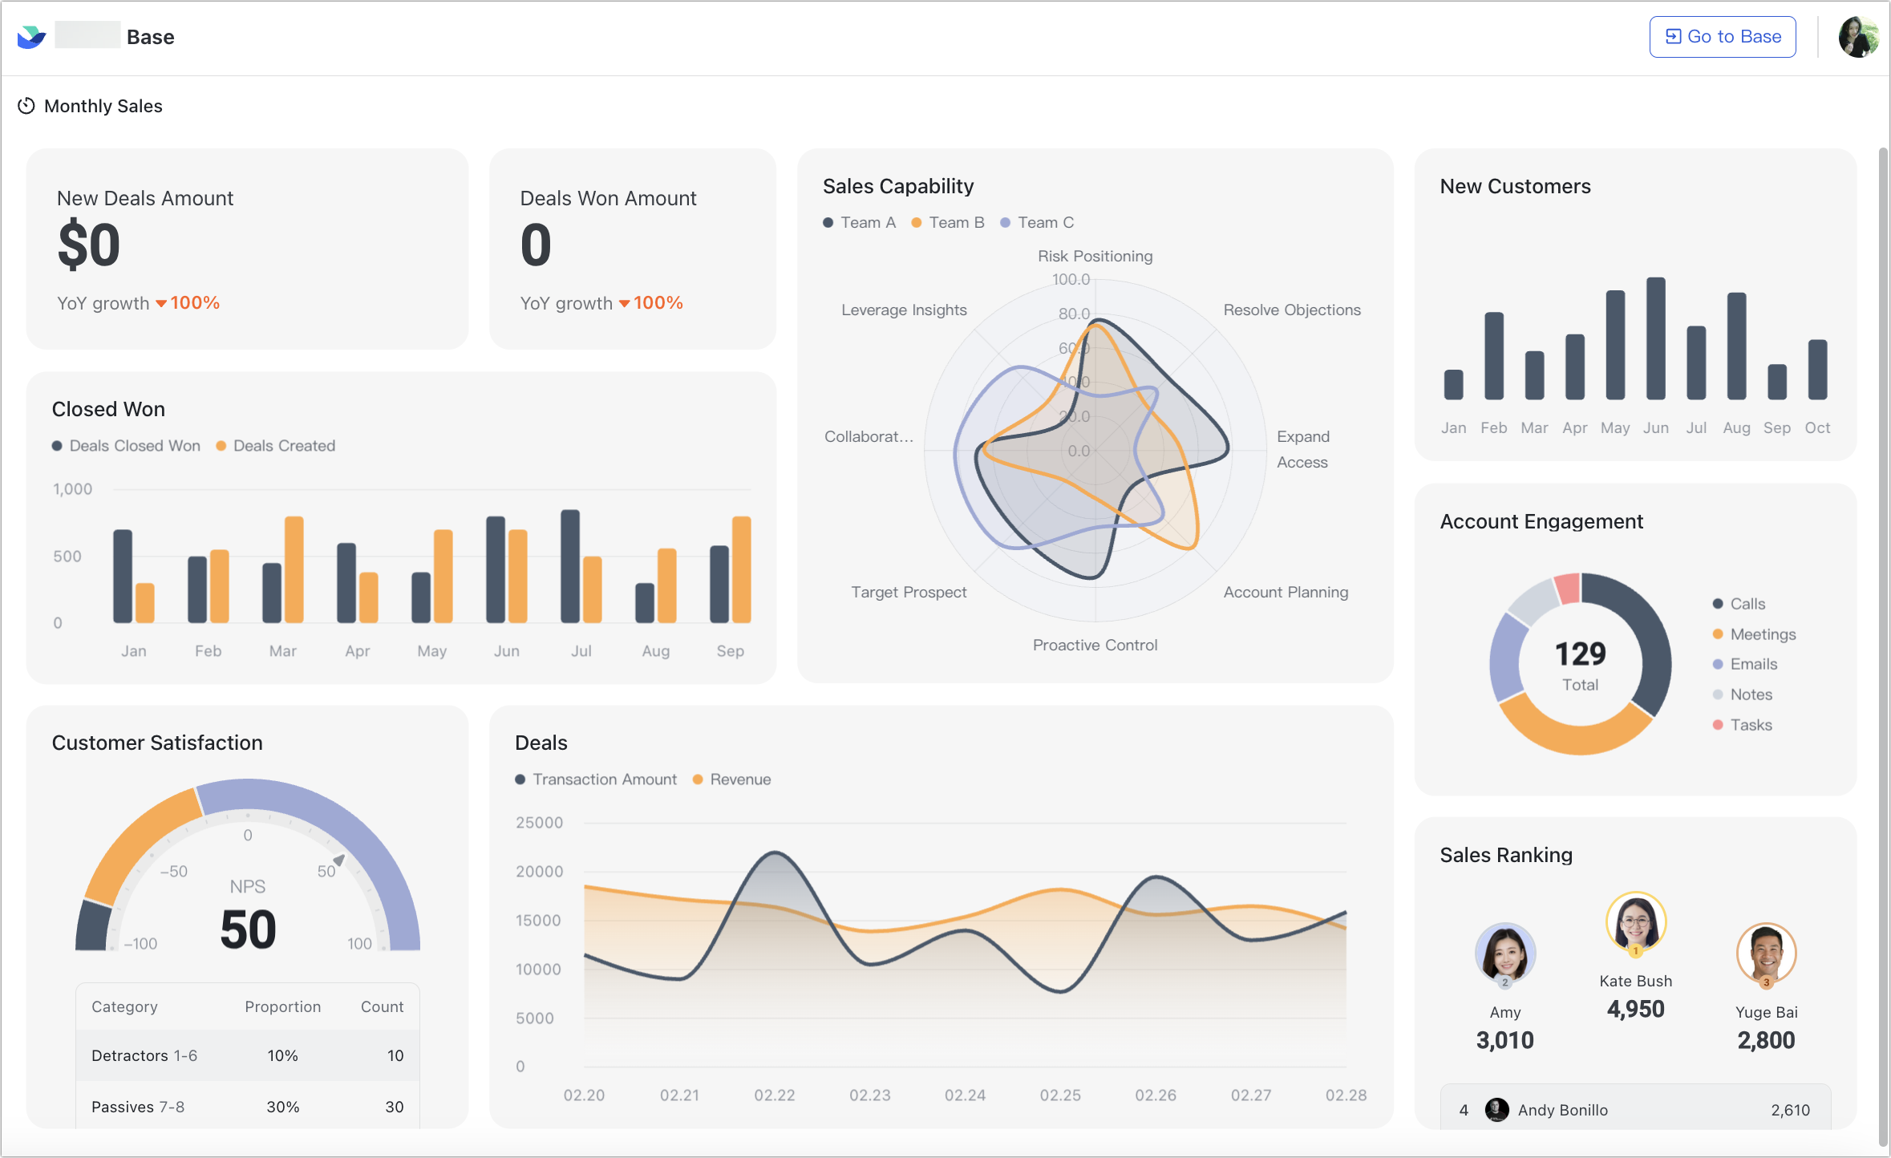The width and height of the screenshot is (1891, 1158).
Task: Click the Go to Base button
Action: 1722,37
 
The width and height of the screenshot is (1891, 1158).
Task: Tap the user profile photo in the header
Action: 1858,37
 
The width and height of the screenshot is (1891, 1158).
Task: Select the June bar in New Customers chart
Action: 1655,338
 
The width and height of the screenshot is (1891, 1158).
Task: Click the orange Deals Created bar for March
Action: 294,569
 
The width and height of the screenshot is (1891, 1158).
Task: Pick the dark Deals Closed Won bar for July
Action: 570,566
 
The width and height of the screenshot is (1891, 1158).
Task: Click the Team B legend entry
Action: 948,223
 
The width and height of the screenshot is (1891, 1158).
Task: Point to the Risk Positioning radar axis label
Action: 1095,257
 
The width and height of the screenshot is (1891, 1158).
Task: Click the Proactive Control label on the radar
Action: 1095,646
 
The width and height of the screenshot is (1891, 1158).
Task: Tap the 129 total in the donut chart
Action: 1580,654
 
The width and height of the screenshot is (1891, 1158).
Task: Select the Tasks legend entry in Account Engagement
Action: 1750,725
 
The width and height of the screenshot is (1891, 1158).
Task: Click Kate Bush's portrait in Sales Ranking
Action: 1635,922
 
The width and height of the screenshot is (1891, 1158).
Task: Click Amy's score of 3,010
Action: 1504,1040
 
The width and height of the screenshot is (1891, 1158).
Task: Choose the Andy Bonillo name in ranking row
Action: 1562,1110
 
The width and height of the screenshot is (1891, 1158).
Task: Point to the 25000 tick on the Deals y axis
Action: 539,823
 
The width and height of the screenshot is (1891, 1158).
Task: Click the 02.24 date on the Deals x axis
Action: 965,1095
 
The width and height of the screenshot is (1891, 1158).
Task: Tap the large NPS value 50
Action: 248,929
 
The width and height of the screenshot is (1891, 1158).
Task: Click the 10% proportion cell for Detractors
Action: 282,1056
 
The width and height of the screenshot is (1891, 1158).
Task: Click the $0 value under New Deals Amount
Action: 89,245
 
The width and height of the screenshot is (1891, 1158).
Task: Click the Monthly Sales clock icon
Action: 26,106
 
